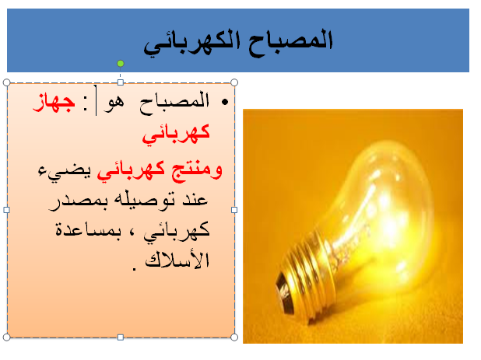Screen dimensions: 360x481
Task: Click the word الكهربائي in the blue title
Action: (191, 43)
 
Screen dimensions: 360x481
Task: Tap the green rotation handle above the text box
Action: (120, 63)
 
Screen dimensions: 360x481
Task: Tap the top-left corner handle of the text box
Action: (6, 82)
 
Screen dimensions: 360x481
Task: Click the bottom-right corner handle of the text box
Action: (234, 337)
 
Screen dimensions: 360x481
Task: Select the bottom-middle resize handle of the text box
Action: (120, 337)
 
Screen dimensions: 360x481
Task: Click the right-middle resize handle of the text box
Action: (234, 209)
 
